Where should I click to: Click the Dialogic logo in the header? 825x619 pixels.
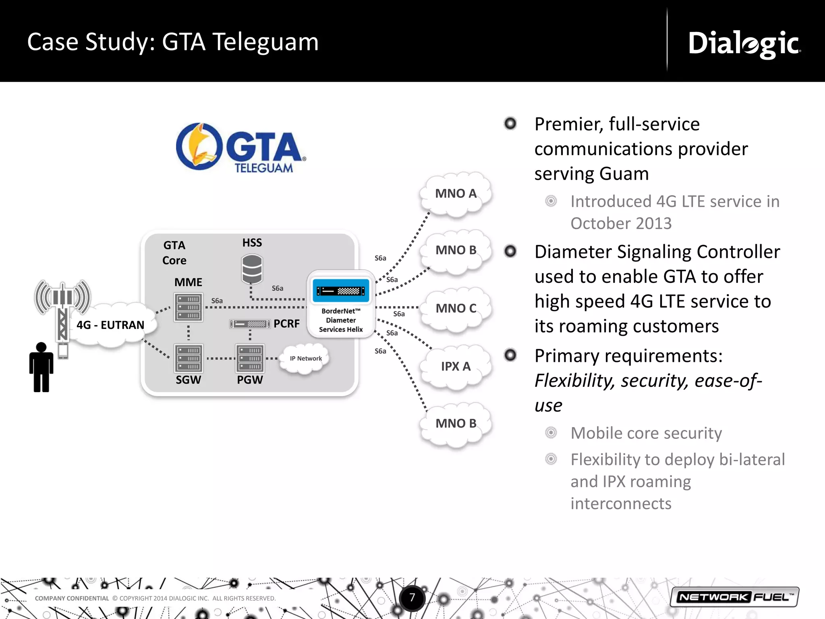point(744,44)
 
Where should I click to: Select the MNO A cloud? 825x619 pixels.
point(456,194)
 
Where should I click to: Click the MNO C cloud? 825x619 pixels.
point(456,309)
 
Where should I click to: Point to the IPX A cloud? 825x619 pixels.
point(456,366)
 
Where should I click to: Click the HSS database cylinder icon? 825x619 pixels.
point(252,269)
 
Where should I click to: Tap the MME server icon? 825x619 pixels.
point(188,307)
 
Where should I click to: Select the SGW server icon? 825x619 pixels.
point(188,358)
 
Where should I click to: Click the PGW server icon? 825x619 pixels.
point(250,358)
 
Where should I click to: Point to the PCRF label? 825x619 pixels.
point(286,324)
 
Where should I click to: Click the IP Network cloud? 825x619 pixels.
point(305,358)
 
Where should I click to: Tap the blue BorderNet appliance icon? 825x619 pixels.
point(341,291)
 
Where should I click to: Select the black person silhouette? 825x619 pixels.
point(41,367)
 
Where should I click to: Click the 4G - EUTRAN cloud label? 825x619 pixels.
point(110,325)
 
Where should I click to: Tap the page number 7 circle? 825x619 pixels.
point(412,597)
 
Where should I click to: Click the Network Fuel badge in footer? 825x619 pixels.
point(734,597)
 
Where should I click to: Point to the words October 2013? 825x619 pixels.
point(621,224)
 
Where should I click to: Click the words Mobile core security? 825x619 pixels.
point(646,433)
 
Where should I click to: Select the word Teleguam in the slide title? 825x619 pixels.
point(265,42)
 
